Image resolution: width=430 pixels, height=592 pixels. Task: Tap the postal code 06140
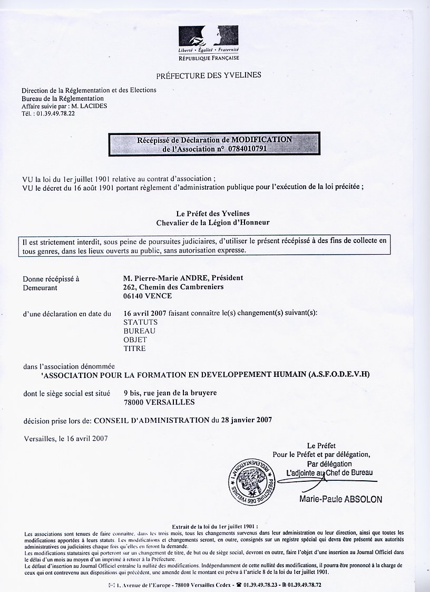point(132,296)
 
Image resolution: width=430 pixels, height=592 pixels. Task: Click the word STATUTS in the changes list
point(140,322)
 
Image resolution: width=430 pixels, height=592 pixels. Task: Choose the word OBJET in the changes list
point(135,339)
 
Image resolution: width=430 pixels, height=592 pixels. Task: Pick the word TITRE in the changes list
point(134,348)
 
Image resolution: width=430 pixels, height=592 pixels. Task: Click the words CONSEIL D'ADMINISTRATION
point(151,420)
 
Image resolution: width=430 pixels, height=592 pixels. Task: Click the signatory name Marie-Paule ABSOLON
point(340,499)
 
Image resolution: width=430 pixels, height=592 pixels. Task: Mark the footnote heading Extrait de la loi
point(214,526)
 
